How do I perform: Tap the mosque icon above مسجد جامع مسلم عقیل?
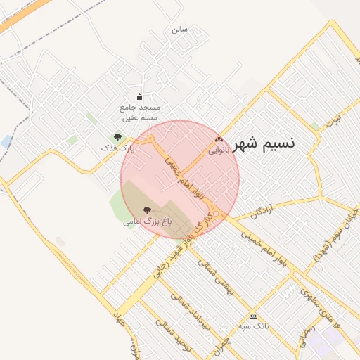139,97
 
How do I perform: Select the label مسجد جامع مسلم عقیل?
139,112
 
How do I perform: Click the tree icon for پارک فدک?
117,137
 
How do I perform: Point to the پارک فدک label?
117,148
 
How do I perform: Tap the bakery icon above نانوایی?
219,139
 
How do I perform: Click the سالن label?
179,30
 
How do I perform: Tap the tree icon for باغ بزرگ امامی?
147,210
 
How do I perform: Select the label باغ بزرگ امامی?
147,221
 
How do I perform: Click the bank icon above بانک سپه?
253,316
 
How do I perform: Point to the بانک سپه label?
253,326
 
